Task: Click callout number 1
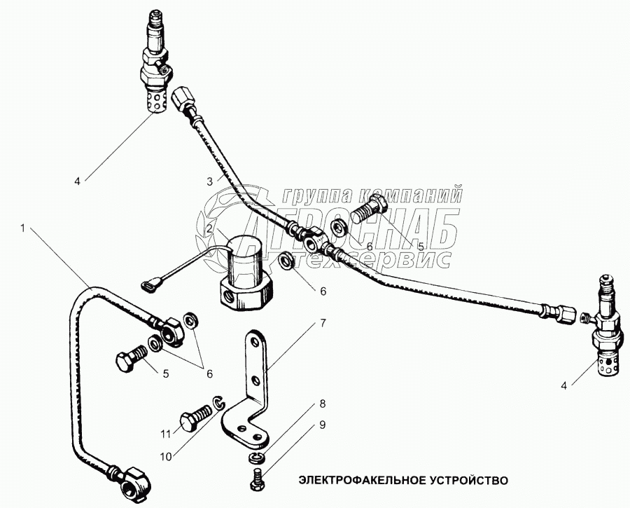point(24,228)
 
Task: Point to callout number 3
point(209,181)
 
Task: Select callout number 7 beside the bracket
point(323,324)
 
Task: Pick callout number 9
point(323,424)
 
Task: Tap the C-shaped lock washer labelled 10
point(219,403)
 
